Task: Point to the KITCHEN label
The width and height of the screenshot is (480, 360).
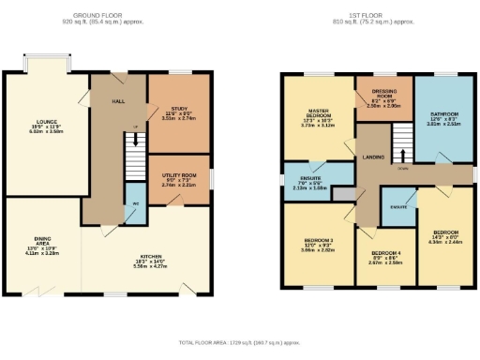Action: click(152, 258)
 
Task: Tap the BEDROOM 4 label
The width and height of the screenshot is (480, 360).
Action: click(385, 253)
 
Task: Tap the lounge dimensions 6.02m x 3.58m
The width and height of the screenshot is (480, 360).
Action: click(40, 133)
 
